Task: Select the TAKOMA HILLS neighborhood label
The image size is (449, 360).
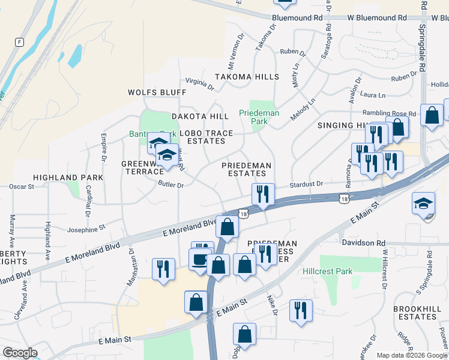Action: (x=247, y=77)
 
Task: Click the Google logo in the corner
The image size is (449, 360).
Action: (x=19, y=352)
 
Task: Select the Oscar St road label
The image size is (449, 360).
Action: (x=22, y=187)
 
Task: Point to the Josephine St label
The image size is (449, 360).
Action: (x=86, y=228)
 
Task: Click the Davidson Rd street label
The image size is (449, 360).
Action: (x=363, y=242)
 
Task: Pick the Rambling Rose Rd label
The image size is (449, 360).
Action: (x=388, y=113)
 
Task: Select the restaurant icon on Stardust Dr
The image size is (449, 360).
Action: (x=263, y=194)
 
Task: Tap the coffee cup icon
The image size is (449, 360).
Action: (x=199, y=259)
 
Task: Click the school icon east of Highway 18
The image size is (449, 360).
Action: (x=423, y=203)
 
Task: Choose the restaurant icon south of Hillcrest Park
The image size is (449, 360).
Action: (x=300, y=310)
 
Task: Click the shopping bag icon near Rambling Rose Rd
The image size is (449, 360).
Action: (x=432, y=115)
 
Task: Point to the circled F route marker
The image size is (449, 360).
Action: (x=20, y=42)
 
